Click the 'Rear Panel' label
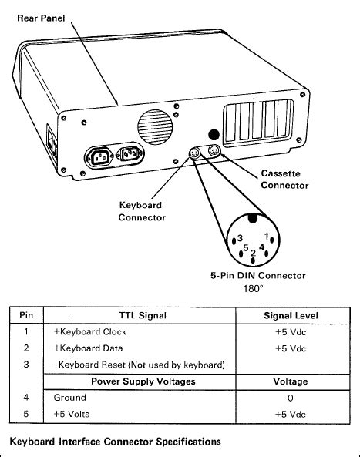[x=41, y=17]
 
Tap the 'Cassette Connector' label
[x=284, y=180]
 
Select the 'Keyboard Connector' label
[x=142, y=212]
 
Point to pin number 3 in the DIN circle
[x=241, y=237]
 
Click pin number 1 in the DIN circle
[x=267, y=235]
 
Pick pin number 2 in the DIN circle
[x=253, y=253]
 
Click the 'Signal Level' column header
[x=290, y=315]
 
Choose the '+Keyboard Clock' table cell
[x=89, y=332]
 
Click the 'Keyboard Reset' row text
[x=139, y=365]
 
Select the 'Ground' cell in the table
[x=70, y=398]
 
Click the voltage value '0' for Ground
[x=290, y=398]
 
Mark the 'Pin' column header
[x=27, y=315]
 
